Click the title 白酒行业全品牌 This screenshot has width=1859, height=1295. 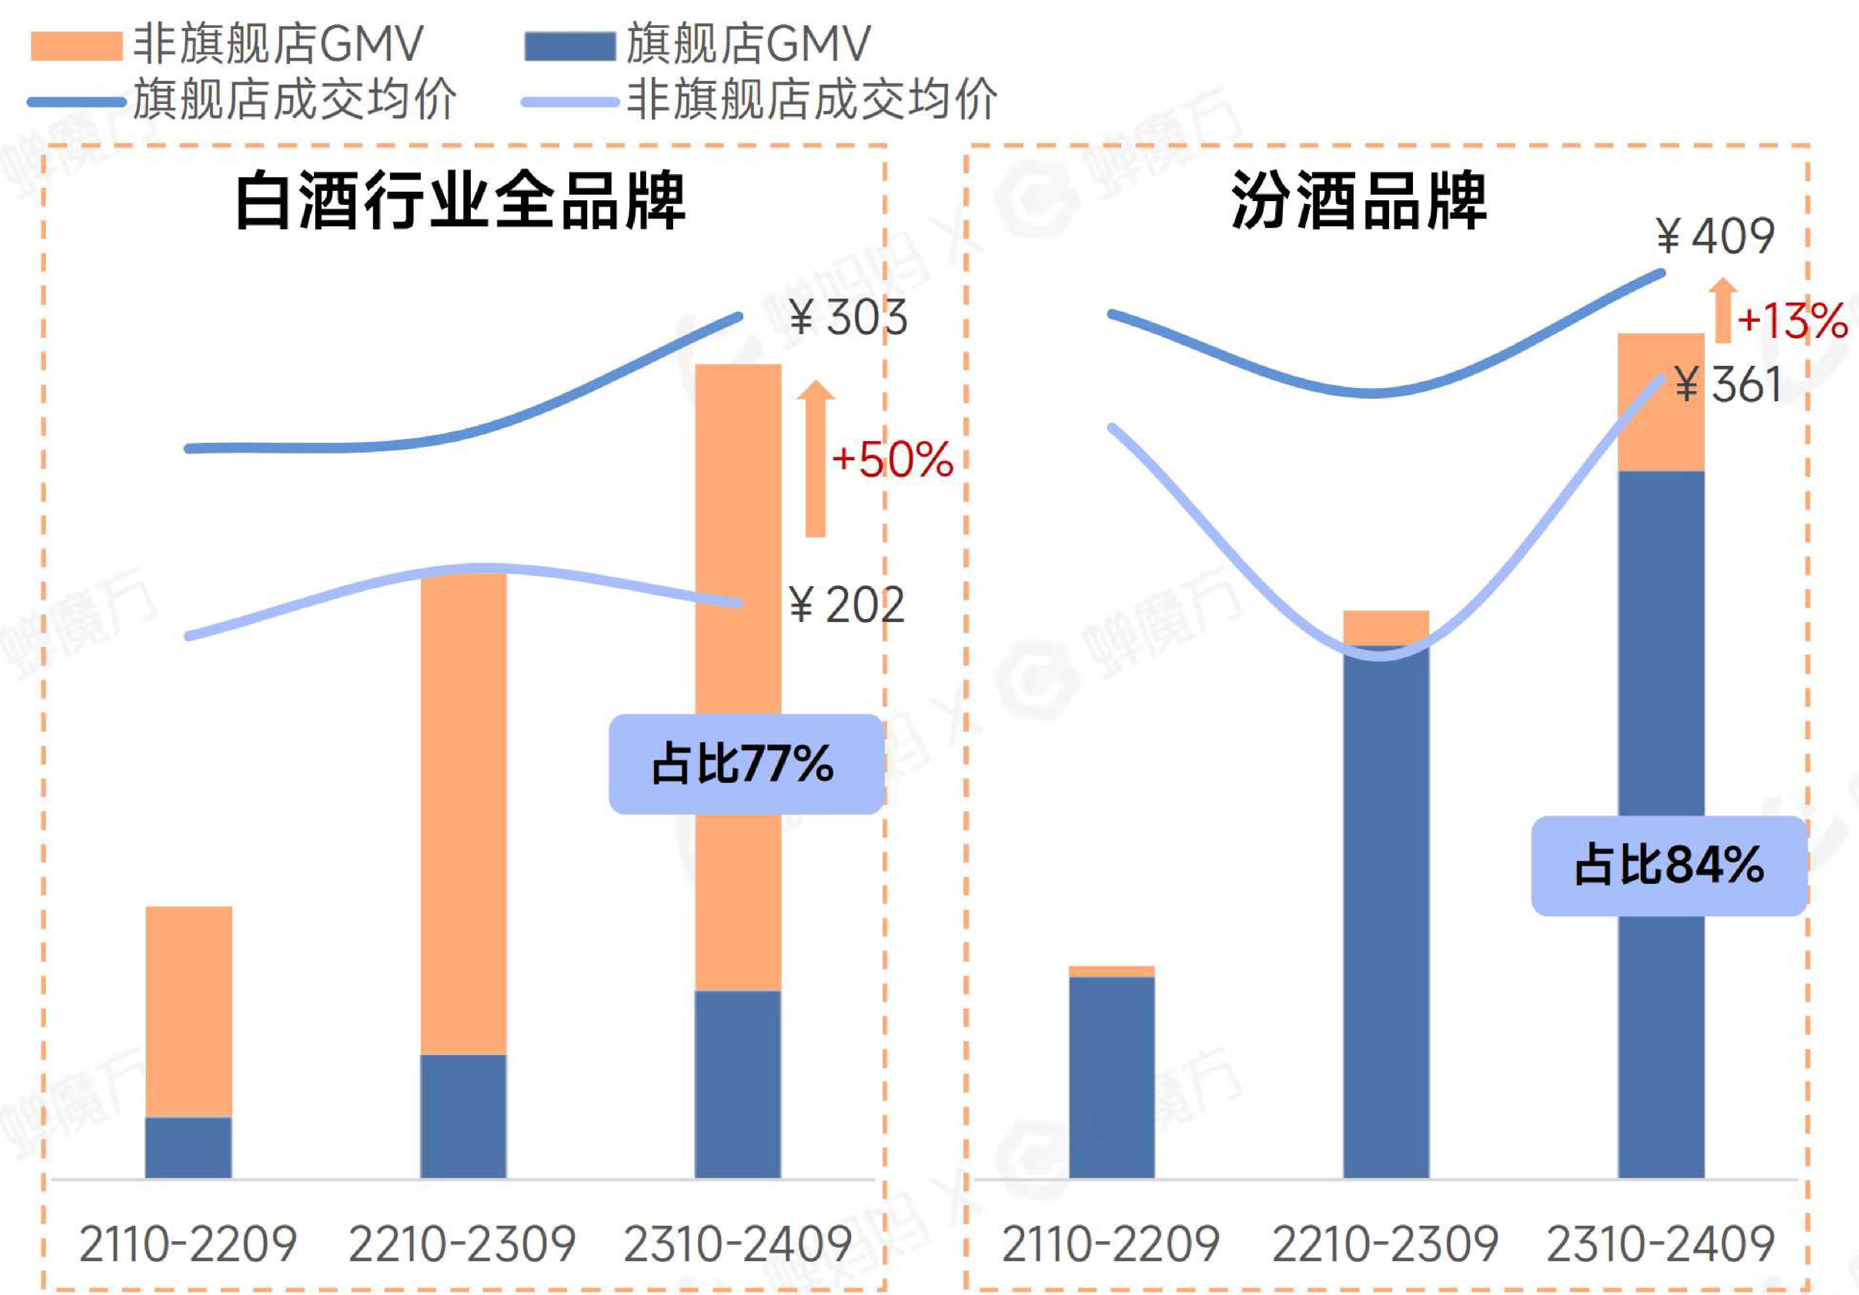click(460, 201)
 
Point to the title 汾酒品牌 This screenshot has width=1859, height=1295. click(1359, 201)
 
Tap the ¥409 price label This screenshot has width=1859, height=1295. click(1715, 237)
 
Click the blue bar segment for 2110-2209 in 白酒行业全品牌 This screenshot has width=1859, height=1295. click(189, 1147)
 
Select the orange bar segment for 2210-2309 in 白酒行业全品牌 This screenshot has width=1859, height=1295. click(463, 810)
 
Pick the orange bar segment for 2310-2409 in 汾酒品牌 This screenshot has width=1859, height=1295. click(1661, 403)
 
